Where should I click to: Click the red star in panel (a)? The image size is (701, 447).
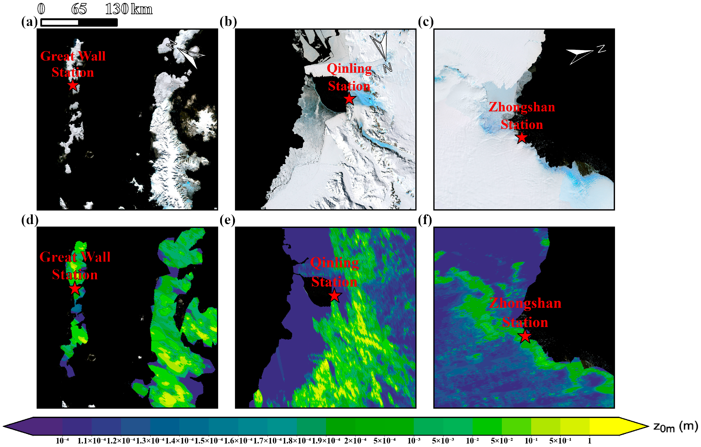point(73,86)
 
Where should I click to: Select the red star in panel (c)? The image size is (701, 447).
point(522,138)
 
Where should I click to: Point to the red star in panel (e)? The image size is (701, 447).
point(335,296)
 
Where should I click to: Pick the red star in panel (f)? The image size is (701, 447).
point(525,336)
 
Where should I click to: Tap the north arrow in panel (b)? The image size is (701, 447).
point(382,49)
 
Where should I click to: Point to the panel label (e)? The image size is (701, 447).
point(227,220)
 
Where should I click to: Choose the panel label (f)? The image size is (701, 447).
point(425,220)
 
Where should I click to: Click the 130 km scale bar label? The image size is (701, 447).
point(128,9)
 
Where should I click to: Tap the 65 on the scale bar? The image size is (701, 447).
point(79,9)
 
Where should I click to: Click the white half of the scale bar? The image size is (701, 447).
point(60,22)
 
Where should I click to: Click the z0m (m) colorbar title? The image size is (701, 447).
point(675,427)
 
